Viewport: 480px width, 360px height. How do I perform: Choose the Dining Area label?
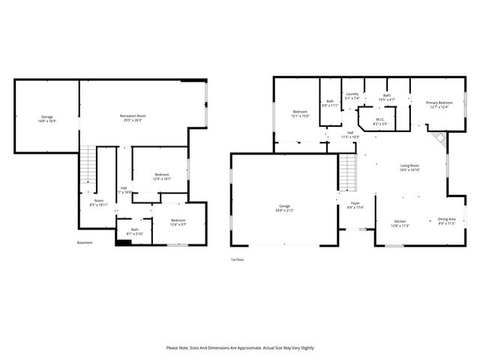[x=446, y=220]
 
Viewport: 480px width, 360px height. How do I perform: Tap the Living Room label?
[x=409, y=167]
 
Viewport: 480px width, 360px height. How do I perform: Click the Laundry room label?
[x=352, y=95]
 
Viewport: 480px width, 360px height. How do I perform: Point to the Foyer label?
[x=355, y=205]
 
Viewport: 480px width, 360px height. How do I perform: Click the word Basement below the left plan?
[x=85, y=242]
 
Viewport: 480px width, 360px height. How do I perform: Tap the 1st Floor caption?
[x=237, y=259]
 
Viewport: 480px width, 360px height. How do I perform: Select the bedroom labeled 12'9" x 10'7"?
[x=162, y=176]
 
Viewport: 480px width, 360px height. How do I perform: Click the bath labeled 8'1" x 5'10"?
[x=135, y=232]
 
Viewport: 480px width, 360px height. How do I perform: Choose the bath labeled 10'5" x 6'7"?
[x=387, y=97]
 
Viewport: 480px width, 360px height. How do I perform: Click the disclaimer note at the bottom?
[x=239, y=348]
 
